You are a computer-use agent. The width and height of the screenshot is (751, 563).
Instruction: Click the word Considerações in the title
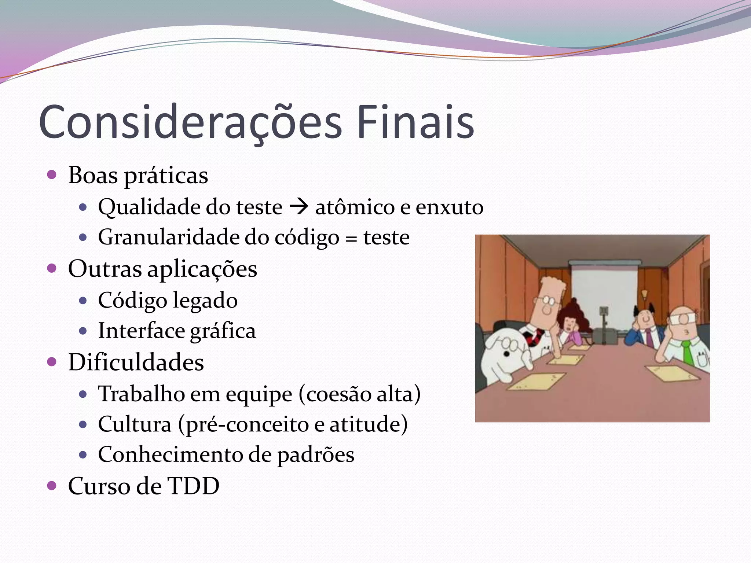[190, 123]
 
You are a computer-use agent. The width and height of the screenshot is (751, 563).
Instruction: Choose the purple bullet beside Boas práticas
[52, 174]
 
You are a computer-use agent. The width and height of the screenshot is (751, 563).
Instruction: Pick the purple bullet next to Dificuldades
[52, 362]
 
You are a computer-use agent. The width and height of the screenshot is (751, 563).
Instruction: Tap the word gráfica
[223, 331]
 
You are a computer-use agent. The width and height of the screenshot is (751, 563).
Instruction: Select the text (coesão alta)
[359, 394]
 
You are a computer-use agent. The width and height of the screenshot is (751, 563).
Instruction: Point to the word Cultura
[135, 424]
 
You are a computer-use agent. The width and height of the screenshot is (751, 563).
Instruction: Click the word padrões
[315, 455]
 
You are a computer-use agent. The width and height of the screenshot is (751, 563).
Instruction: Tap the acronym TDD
[193, 486]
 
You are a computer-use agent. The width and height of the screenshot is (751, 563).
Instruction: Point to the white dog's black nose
[506, 354]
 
